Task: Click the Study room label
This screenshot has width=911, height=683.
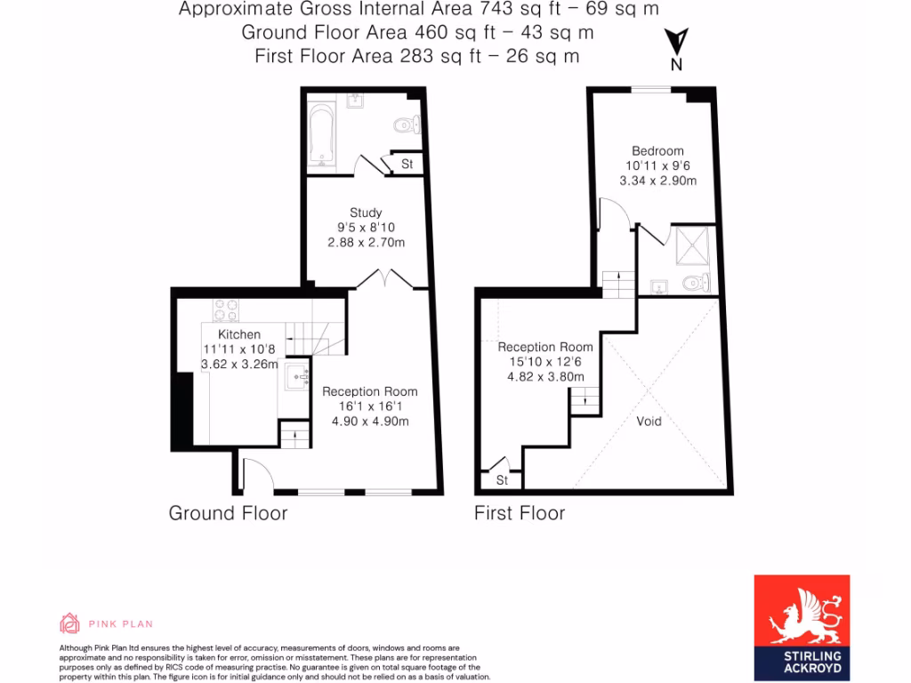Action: [x=366, y=213]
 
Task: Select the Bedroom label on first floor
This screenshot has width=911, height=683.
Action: [x=657, y=150]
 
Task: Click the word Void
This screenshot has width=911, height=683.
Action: [x=649, y=421]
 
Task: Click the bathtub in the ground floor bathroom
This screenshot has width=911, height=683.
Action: [x=321, y=135]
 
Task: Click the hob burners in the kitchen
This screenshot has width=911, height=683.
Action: [x=226, y=309]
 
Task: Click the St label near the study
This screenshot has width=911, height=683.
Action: [x=407, y=165]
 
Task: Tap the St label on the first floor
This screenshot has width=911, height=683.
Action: [x=501, y=480]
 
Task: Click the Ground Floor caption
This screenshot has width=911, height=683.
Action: [x=228, y=513]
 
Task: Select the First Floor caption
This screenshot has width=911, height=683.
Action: [x=520, y=513]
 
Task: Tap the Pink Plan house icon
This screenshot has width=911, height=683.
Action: [x=69, y=623]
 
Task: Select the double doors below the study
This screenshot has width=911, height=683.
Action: [x=383, y=280]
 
